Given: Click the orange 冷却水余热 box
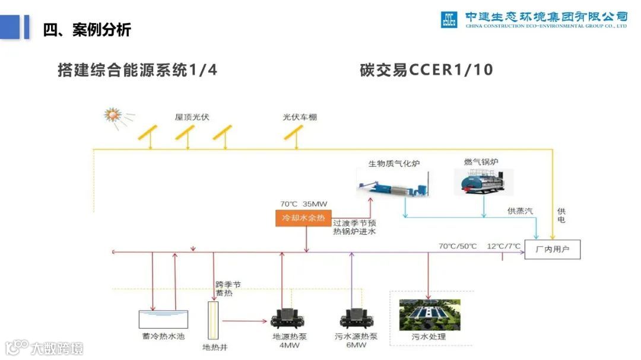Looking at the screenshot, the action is (303, 218).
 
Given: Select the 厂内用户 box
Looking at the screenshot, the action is (553, 250).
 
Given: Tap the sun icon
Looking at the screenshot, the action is (112, 114).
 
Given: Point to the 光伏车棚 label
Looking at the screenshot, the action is (300, 117).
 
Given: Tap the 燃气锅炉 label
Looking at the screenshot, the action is (481, 161).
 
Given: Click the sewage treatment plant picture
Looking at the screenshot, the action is (429, 314).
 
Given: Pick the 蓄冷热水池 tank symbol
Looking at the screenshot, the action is (163, 319).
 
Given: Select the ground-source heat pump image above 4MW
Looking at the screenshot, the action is (288, 318).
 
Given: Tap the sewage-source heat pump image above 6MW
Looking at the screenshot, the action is (357, 318).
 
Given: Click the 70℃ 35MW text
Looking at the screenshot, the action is (303, 204).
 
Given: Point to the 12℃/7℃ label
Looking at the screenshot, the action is (503, 246).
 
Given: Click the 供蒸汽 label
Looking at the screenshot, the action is (520, 211).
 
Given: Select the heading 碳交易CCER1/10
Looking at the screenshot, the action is (426, 70).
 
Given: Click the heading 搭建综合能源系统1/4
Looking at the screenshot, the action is (137, 70).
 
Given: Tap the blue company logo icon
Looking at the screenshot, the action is (449, 20).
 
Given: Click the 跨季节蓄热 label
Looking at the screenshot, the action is (228, 289).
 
